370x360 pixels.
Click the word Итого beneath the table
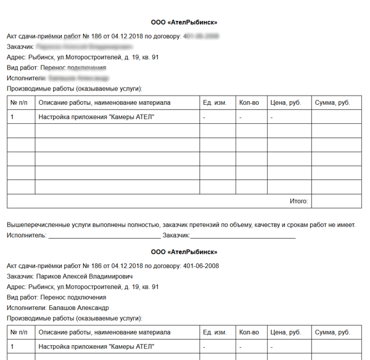[x=298, y=202]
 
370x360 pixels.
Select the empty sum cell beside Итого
[x=335, y=202]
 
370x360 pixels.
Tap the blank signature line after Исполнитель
[x=104, y=235]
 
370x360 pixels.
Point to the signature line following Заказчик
[x=243, y=235]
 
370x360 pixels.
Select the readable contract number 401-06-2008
[x=201, y=266]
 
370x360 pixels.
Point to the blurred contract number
[x=201, y=36]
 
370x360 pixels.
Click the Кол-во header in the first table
[x=249, y=102]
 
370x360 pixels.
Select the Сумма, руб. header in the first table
[x=332, y=102]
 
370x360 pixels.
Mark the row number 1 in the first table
[x=12, y=117]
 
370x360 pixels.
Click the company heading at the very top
[x=184, y=22]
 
